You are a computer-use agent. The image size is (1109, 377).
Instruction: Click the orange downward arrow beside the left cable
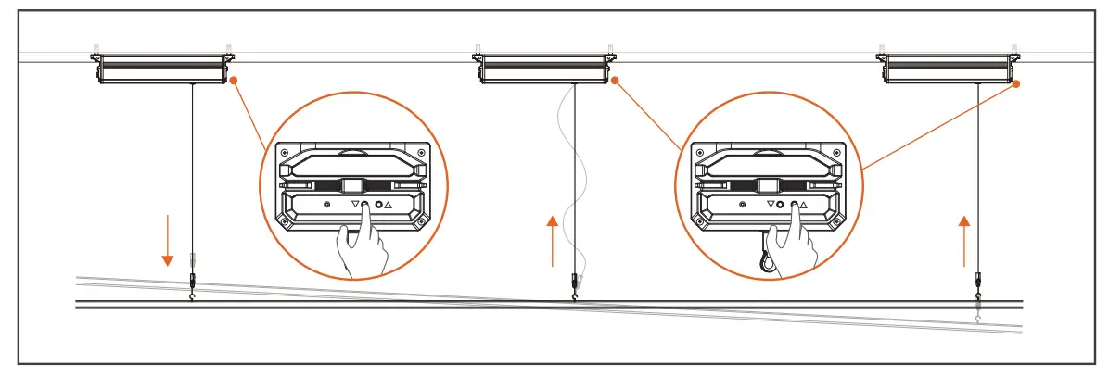click(168, 240)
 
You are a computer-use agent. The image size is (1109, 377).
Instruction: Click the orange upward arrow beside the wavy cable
click(553, 240)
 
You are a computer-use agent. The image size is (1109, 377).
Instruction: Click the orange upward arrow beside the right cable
click(964, 240)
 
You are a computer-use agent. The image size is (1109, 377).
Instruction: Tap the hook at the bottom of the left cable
click(192, 295)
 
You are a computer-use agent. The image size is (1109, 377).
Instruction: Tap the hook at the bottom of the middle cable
click(576, 295)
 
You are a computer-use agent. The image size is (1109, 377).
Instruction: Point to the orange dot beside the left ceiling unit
click(234, 81)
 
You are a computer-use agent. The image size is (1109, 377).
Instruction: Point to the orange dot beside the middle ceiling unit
click(613, 81)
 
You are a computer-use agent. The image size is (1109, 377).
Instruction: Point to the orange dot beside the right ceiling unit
click(1017, 83)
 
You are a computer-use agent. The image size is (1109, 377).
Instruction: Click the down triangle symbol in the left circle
click(354, 204)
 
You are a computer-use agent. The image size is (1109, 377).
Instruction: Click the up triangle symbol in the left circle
click(389, 204)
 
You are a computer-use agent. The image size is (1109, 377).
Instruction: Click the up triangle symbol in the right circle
click(804, 204)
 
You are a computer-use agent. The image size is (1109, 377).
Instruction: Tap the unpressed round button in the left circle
click(378, 204)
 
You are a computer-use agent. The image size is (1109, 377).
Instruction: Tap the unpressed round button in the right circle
click(781, 204)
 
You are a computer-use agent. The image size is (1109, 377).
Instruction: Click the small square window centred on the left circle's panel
click(352, 185)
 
